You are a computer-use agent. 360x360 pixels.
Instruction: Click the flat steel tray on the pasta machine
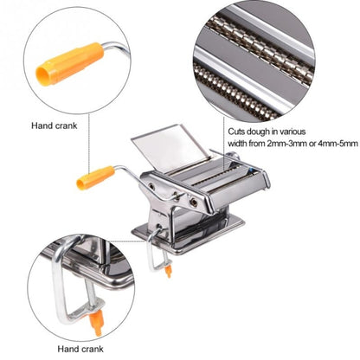tap(169, 138)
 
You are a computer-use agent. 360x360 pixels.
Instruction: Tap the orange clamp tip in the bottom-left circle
tap(97, 325)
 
